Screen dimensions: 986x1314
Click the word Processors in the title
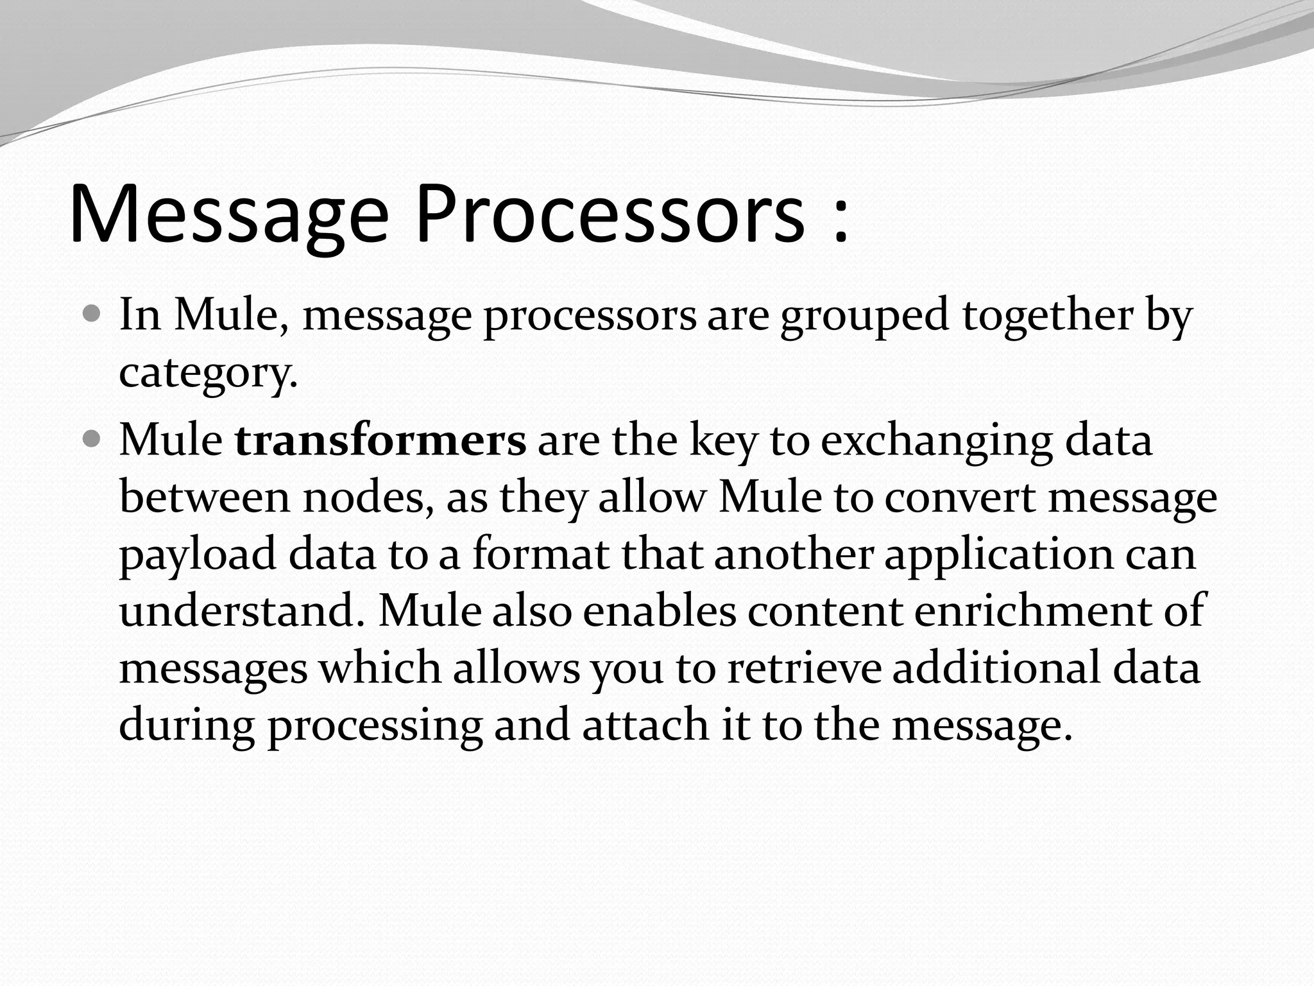pyautogui.click(x=610, y=214)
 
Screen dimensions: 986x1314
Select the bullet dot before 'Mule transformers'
pyautogui.click(x=92, y=440)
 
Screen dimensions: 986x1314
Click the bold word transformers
pyautogui.click(x=380, y=441)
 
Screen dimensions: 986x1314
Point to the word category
pyautogui.click(x=208, y=372)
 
